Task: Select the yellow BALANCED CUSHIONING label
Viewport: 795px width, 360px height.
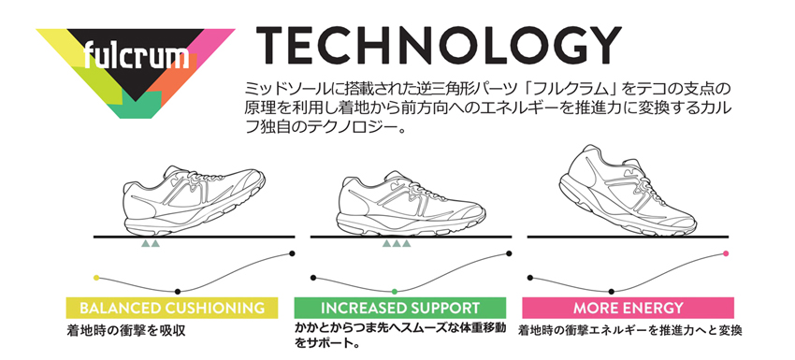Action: click(171, 308)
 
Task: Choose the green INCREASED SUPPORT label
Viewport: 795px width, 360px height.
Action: click(399, 308)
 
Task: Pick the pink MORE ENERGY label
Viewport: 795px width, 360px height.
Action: click(628, 308)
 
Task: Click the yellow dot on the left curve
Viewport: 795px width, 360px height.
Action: click(96, 277)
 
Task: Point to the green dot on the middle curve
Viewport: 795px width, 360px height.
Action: click(395, 292)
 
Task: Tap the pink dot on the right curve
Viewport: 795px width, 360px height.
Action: click(726, 253)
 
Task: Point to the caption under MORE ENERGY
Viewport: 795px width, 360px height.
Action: click(629, 330)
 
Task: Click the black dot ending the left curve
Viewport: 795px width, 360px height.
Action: click(293, 253)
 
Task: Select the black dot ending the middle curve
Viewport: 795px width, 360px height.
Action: click(510, 253)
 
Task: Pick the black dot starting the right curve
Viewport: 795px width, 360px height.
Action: click(529, 277)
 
